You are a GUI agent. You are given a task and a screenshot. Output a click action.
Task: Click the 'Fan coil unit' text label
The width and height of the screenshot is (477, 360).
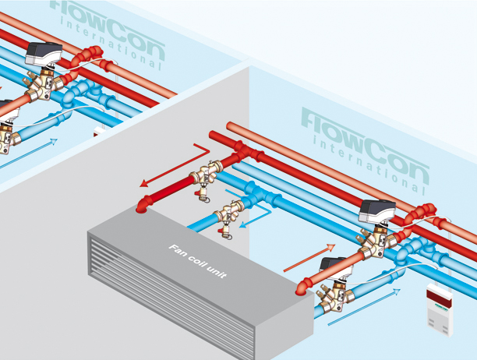point(197,259)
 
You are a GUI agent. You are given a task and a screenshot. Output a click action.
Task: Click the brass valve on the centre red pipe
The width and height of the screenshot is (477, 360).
point(208,177)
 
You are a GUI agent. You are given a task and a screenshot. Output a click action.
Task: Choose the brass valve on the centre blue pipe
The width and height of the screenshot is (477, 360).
point(231,212)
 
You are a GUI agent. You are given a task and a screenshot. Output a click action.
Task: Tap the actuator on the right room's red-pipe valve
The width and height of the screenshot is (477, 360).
point(377,211)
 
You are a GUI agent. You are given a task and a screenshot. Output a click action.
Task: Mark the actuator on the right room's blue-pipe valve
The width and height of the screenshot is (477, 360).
point(334,266)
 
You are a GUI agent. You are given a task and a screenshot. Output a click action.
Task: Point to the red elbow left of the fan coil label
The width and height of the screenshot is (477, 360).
point(143,204)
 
